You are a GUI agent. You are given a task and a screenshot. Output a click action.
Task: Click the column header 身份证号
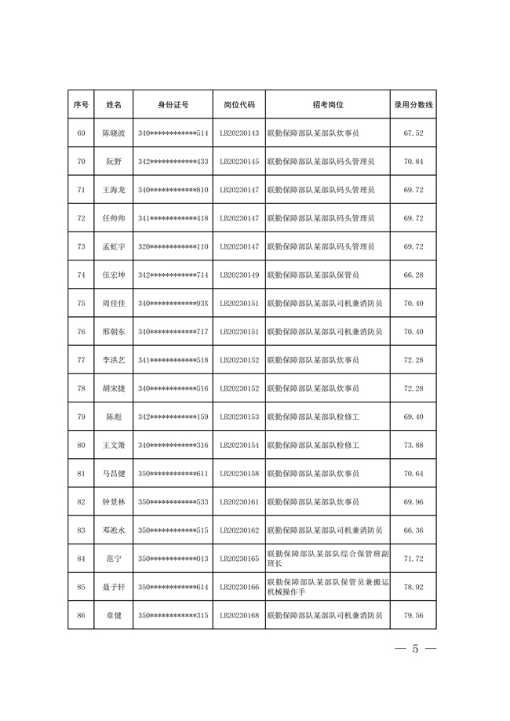pos(173,104)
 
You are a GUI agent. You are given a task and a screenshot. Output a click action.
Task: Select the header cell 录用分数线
pos(413,104)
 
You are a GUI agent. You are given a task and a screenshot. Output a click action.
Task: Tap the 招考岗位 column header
pos(328,104)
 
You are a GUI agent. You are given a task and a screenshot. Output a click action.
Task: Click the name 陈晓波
pos(114,133)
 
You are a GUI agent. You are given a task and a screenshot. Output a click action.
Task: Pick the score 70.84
pos(413,162)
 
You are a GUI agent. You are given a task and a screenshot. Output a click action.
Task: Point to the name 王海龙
pos(114,190)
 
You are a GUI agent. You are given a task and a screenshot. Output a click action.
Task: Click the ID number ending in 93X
pos(173,304)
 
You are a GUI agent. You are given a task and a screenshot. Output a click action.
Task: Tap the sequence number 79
pos(81,417)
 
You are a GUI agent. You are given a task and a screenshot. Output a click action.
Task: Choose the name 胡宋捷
pos(114,388)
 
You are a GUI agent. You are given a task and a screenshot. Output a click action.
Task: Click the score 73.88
pos(413,446)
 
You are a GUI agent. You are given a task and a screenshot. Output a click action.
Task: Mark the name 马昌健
pos(114,474)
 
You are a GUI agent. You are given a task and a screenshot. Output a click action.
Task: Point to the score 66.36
pos(413,530)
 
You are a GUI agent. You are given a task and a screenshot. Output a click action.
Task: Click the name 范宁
pos(114,559)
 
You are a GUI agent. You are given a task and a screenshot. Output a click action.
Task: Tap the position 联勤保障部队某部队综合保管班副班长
pos(327,559)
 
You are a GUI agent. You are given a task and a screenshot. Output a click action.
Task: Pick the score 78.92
pos(413,587)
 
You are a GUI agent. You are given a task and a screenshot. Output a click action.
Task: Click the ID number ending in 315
pos(173,615)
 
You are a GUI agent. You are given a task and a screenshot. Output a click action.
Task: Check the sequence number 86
pos(81,615)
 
